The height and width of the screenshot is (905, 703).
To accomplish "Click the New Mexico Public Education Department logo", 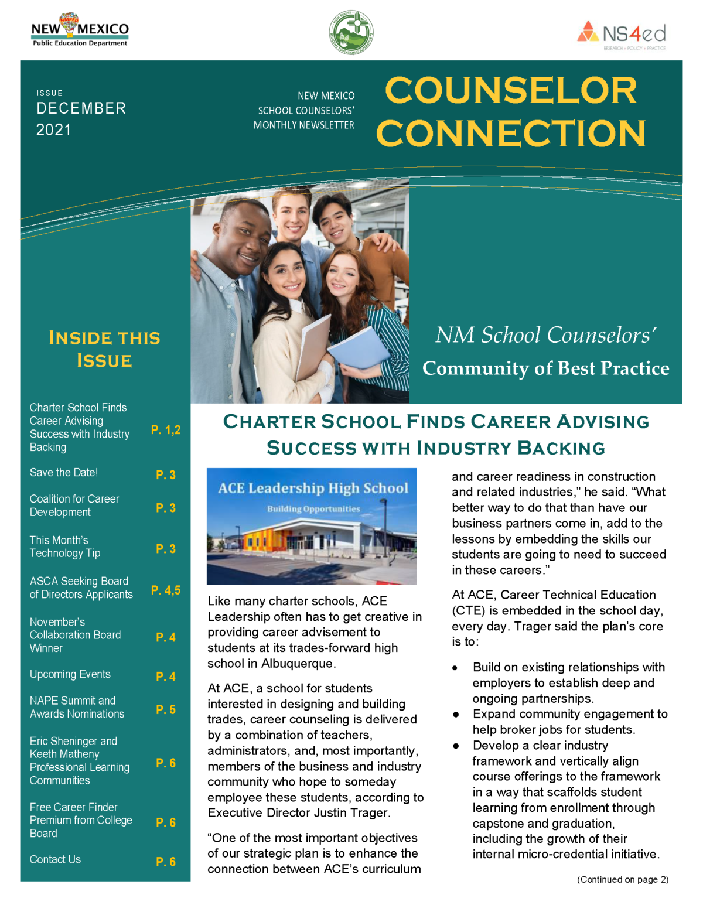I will tap(80, 30).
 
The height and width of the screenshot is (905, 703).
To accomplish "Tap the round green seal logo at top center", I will tap(351, 33).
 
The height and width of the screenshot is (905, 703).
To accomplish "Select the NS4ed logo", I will tap(622, 35).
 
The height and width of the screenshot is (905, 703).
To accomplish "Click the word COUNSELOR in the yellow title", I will tap(510, 91).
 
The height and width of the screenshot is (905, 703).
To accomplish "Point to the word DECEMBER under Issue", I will tap(81, 109).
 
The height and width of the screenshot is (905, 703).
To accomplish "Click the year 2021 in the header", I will tap(53, 130).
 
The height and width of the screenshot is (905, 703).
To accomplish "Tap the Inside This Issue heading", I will tap(104, 349).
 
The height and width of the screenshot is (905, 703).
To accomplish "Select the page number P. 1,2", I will tap(166, 430).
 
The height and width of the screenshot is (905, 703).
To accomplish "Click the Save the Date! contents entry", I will tap(64, 473).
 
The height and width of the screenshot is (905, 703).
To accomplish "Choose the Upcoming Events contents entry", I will tap(70, 674).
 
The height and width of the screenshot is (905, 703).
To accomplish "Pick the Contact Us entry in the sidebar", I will tap(56, 859).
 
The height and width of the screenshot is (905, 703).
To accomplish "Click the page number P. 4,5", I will tap(166, 590).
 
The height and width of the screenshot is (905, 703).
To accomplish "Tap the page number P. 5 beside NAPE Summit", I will tap(166, 710).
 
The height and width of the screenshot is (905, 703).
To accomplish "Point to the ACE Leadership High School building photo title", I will tap(313, 488).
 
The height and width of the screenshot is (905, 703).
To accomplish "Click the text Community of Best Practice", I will tap(545, 368).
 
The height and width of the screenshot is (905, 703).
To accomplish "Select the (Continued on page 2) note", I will tap(622, 879).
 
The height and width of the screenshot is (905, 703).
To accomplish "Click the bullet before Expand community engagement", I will tap(456, 714).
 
